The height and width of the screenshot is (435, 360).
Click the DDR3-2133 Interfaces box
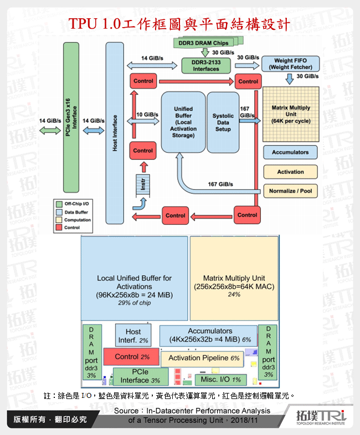click(x=206, y=66)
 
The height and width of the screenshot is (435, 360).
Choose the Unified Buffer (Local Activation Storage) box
click(x=182, y=122)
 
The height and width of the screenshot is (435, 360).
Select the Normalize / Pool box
click(x=290, y=191)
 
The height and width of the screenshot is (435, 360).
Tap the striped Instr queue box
click(x=142, y=185)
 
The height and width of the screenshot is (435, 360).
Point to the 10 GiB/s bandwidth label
click(x=146, y=115)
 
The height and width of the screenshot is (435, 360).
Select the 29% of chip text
click(x=134, y=304)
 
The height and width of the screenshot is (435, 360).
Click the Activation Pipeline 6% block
click(x=204, y=358)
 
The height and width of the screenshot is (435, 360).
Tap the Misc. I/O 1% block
click(x=217, y=380)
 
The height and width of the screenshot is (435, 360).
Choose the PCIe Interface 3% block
click(x=140, y=376)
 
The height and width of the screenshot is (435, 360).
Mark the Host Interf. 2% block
click(x=133, y=336)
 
